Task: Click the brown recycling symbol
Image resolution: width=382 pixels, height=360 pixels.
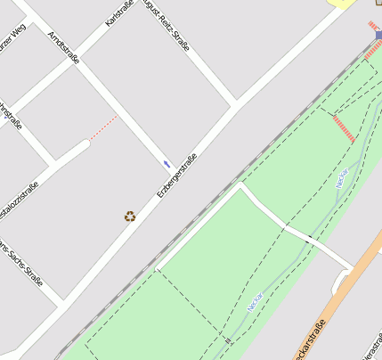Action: coord(130,216)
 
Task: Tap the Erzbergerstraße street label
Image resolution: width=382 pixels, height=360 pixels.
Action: coord(176,176)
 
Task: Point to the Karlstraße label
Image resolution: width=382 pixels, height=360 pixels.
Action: coord(119,12)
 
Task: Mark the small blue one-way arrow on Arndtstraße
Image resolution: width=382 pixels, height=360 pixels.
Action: coord(167,164)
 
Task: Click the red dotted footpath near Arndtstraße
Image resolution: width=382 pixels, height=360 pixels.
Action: coord(103,127)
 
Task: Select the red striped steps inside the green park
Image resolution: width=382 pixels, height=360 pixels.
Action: coord(343,128)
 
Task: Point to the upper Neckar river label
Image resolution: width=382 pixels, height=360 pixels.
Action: coord(341,179)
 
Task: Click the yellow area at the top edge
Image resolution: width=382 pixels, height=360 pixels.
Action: coord(341,3)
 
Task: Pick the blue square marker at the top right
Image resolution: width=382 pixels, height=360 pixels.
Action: coord(378,36)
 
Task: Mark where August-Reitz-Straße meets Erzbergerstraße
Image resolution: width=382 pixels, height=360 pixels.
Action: coord(235,104)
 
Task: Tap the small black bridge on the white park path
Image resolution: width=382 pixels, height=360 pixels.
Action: coord(308,238)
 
